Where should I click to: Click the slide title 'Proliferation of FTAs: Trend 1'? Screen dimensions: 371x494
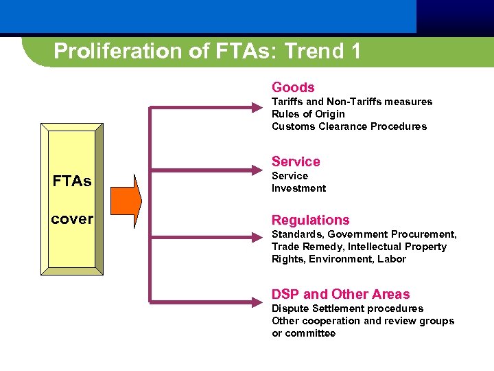(x=207, y=52)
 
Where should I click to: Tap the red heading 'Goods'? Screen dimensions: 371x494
(x=293, y=87)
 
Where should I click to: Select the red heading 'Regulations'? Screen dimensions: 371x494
(x=310, y=220)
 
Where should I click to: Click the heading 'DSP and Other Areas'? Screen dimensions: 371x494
(x=340, y=294)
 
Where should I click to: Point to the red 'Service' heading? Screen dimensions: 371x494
(x=296, y=161)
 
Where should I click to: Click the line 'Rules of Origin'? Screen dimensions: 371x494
(x=308, y=114)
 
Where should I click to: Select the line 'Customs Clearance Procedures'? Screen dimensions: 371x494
(x=349, y=126)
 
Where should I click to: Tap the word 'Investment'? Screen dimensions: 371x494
(x=298, y=188)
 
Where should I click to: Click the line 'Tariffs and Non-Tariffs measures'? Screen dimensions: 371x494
(x=352, y=102)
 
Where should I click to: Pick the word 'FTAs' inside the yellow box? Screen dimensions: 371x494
(x=72, y=182)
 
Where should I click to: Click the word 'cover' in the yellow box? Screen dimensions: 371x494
(x=72, y=219)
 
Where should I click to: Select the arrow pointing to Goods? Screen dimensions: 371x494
(x=206, y=107)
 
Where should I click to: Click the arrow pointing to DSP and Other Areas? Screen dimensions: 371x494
(x=206, y=300)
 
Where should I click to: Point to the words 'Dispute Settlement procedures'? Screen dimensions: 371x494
(x=347, y=308)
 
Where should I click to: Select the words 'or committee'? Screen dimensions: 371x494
(x=303, y=333)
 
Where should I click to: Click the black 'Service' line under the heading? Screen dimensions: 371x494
(x=290, y=176)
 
